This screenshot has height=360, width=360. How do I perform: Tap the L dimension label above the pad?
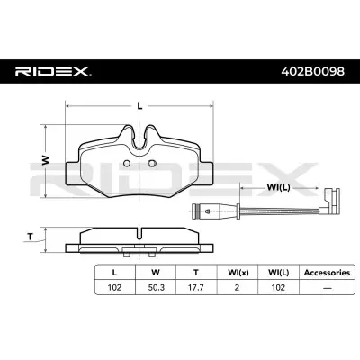(139, 106)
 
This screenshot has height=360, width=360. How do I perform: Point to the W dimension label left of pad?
(45, 160)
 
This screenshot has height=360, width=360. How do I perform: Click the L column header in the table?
(113, 271)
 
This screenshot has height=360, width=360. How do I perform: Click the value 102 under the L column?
(113, 289)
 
